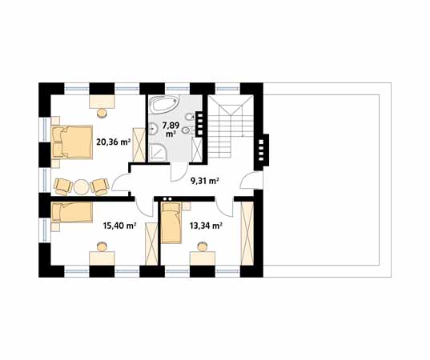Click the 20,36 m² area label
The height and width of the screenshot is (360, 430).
[x=113, y=142]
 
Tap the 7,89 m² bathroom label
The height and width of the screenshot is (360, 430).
[x=171, y=130]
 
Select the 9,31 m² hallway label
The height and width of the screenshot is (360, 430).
[x=204, y=181]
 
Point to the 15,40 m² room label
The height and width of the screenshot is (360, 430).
[x=120, y=226]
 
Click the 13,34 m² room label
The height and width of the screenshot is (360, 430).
[x=206, y=226]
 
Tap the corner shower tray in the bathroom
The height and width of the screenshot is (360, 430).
[x=158, y=154]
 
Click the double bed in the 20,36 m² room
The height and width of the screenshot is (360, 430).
[x=72, y=142]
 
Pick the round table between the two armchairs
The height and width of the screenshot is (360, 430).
[x=81, y=187]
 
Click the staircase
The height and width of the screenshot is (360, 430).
[x=230, y=126]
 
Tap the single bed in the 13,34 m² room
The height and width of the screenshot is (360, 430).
[x=171, y=223]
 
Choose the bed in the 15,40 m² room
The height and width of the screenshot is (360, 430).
[x=72, y=212]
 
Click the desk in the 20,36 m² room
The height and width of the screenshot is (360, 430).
[x=102, y=102]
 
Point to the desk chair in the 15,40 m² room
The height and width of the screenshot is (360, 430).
[x=102, y=246]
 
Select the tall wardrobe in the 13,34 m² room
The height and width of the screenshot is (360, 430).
[x=247, y=234]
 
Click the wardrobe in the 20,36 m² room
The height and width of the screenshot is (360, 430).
[x=139, y=145]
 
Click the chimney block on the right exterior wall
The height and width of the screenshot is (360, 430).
[x=262, y=150]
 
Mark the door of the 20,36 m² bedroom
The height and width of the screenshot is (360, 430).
[x=119, y=182]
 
